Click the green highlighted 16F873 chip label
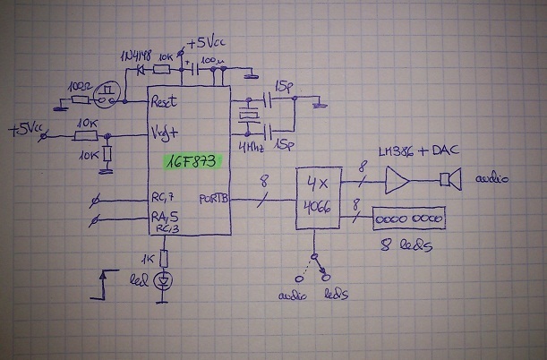(x=190, y=163)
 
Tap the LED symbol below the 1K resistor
(x=163, y=280)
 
